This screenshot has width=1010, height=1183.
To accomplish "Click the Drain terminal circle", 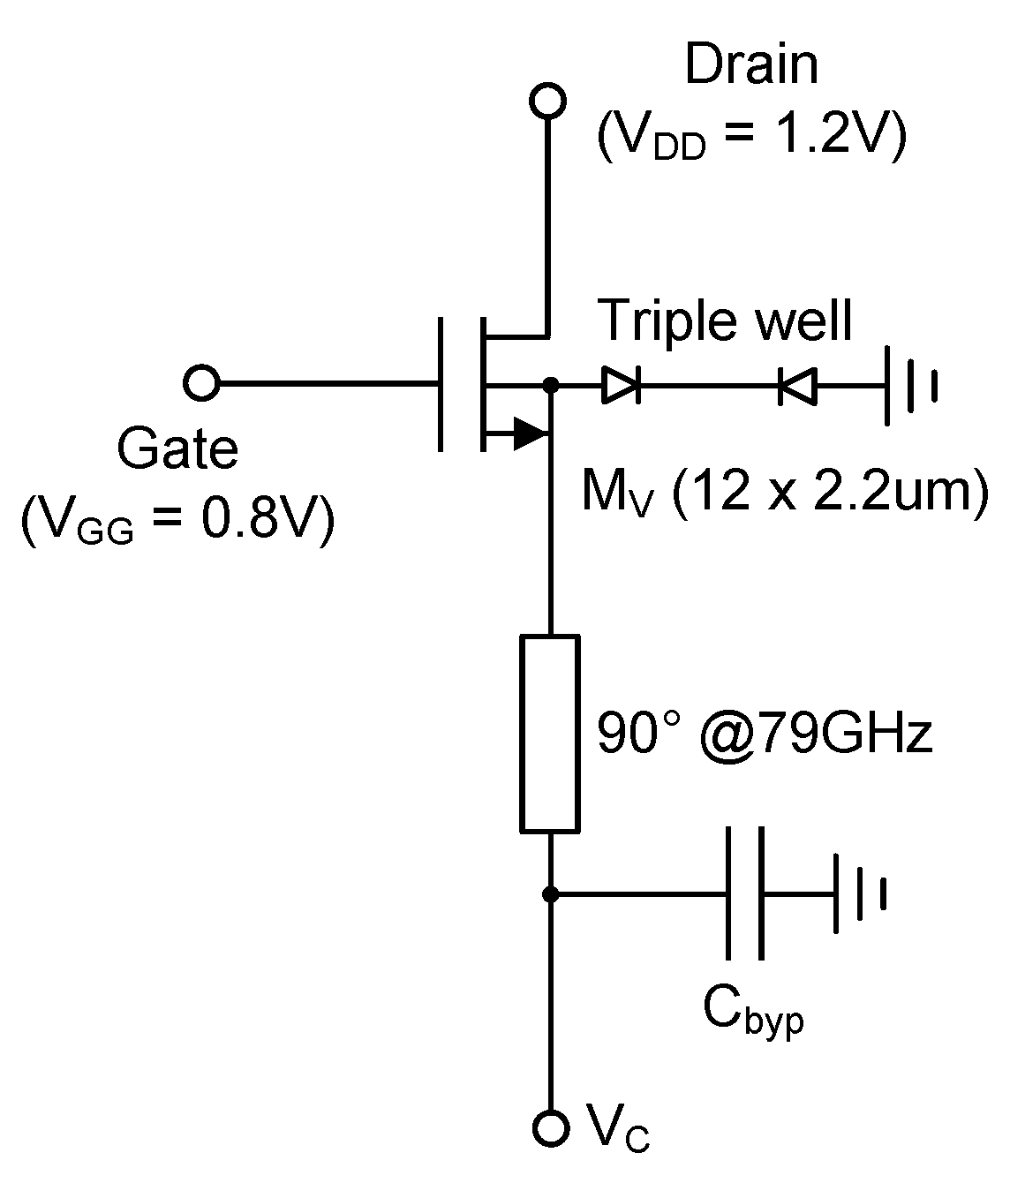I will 547,101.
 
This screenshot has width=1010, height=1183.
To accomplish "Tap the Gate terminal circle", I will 201,384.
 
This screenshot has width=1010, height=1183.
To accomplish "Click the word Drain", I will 751,64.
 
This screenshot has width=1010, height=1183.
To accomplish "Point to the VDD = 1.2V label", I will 751,139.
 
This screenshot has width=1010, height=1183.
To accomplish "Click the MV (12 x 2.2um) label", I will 784,492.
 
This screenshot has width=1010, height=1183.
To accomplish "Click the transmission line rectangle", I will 550,733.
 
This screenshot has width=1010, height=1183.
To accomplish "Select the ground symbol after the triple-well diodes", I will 909,385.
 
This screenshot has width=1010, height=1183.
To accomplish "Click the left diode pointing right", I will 622,385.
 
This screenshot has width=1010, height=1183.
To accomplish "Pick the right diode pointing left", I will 797,386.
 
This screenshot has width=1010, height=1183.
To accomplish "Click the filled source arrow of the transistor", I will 529,433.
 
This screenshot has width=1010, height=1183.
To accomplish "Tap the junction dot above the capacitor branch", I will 550,894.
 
